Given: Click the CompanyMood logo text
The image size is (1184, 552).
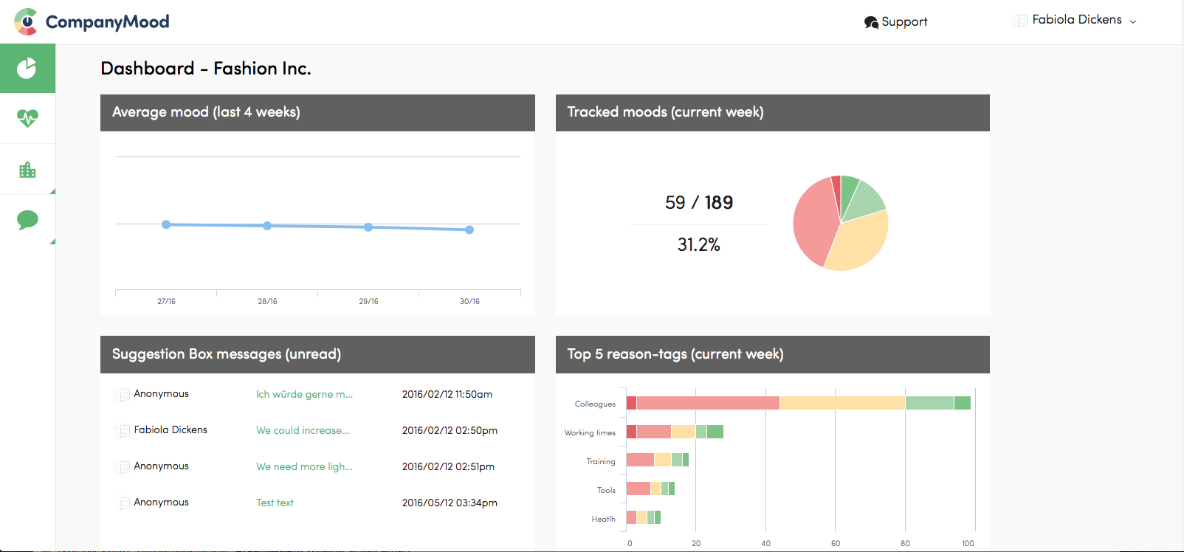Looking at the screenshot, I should coord(107,22).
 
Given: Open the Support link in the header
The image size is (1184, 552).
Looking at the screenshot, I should coord(896,22).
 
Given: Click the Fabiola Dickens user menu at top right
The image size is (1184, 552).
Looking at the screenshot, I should coord(1077,20).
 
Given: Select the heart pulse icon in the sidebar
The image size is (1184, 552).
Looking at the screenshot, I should coord(27,118).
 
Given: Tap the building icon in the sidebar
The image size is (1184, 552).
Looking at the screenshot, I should coord(27,170).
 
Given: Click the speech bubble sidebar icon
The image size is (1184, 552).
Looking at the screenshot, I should coord(27,220).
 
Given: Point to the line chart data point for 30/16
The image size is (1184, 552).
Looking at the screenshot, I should coord(469,230).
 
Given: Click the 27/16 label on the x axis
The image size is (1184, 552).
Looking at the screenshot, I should coord(166,301).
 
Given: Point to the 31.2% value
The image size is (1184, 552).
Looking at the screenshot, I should coord(698,245).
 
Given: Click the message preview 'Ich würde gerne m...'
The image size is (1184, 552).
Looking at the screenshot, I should coord(304,394).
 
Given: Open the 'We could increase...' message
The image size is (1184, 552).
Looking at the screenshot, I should coord(303,430).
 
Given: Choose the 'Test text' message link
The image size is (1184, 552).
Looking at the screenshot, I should coord(275,503).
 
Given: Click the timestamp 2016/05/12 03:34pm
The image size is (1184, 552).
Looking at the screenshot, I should coord(450,503).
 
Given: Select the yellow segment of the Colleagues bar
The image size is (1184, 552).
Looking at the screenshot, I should coord(842,403).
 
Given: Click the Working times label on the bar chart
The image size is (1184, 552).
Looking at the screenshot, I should coord(590,432).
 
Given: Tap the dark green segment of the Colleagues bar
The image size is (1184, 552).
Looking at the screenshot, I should coord(963,403).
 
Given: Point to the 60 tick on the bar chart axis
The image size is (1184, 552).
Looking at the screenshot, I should coord(836,543).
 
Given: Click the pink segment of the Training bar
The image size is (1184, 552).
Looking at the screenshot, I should coord(640,460).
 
